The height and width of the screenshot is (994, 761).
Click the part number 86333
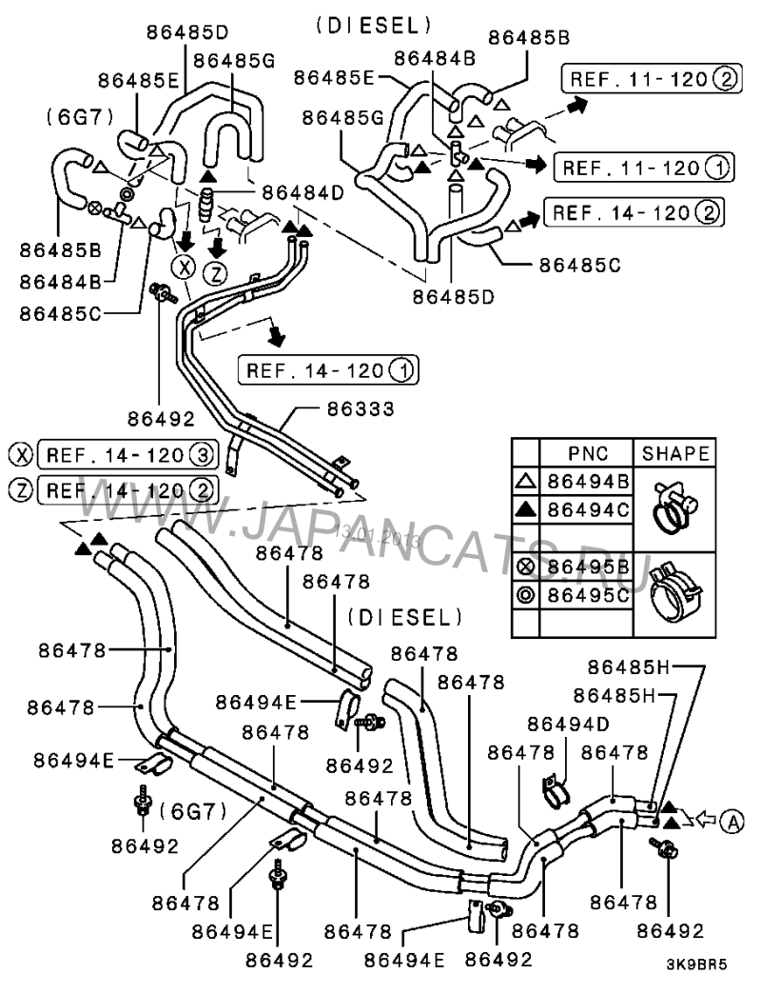[361, 409]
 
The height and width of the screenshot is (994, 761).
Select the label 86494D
[568, 723]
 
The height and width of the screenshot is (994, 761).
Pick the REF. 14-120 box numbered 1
[329, 369]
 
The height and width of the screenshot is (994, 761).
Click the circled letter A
[731, 818]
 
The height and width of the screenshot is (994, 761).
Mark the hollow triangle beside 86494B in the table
[526, 482]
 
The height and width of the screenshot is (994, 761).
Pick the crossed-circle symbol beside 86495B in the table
[526, 567]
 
